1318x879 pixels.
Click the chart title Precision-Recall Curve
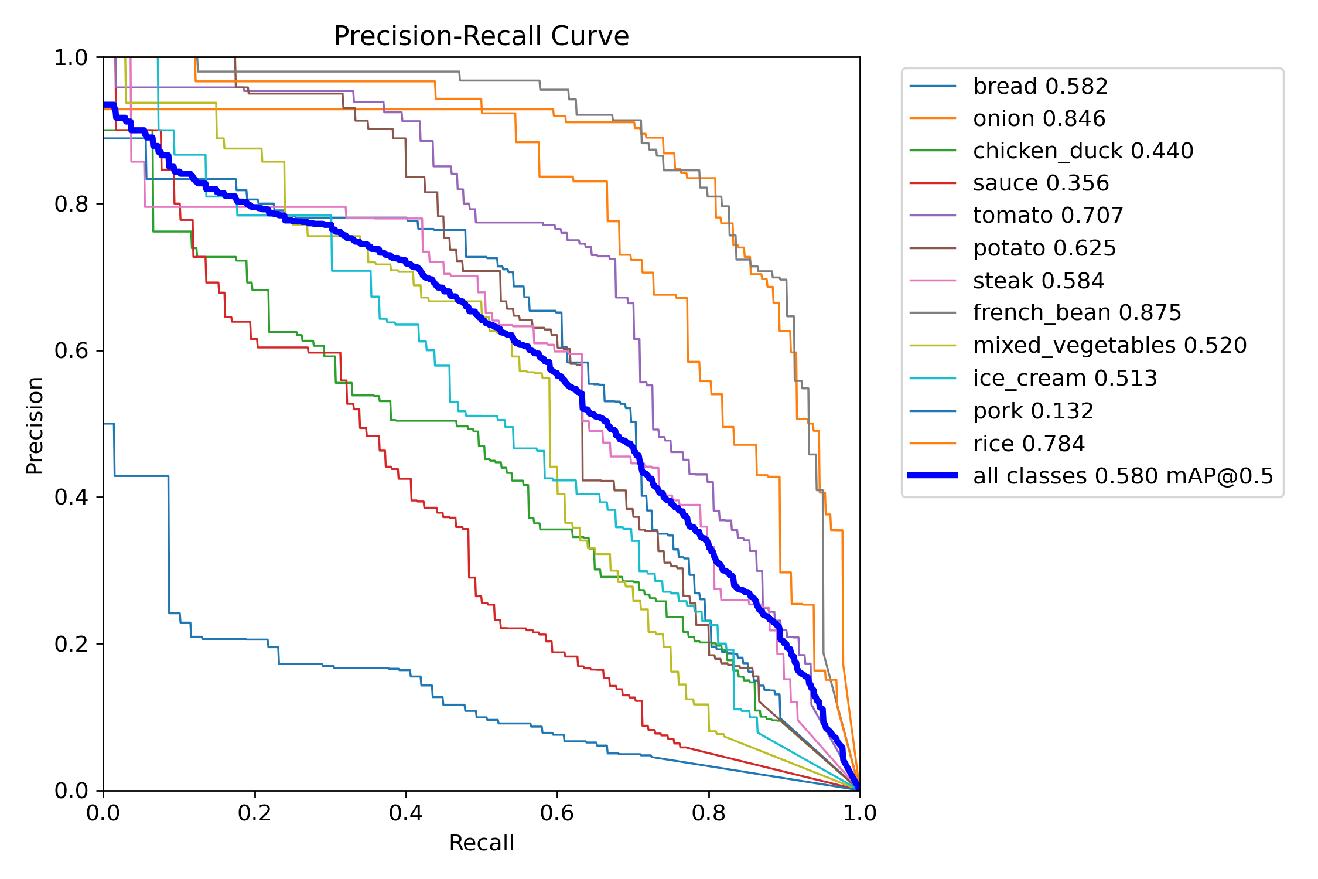481,36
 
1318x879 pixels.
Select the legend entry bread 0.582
1040,86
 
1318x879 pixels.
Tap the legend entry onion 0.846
1039,118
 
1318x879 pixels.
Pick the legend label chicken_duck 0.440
1083,151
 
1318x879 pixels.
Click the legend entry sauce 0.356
1040,183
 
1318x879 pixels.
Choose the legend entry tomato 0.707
1047,215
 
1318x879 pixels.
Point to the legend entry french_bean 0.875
1077,312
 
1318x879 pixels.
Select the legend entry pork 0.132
1033,411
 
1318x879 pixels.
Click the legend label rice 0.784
1029,444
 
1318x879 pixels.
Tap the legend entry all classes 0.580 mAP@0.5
1123,476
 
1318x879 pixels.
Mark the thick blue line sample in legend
933,475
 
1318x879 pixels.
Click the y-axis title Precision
35,425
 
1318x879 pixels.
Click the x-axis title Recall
481,843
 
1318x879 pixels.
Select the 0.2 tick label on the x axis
254,813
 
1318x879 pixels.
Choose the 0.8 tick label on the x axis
708,813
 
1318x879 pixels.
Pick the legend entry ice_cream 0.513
1064,378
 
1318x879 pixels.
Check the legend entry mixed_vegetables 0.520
1109,345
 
